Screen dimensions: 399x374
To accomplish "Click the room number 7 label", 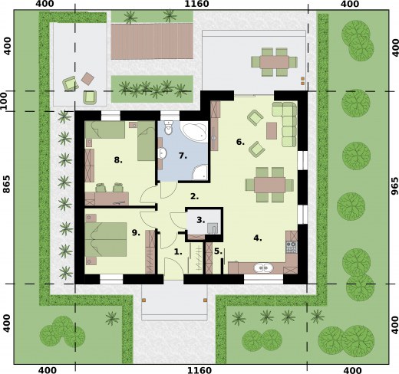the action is tap(183, 156).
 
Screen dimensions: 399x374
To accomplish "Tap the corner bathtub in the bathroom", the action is tap(194, 131).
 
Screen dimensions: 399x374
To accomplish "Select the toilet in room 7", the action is tap(169, 128).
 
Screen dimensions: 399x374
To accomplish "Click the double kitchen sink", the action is tap(263, 268).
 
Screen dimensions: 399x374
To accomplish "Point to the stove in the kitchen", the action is tap(292, 247).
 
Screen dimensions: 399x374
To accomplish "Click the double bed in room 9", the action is tap(106, 239).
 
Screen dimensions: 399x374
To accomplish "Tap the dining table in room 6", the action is tap(269, 185).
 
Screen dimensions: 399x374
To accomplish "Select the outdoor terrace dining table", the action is tap(275, 62).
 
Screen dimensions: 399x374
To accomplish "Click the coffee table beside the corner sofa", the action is tap(272, 130).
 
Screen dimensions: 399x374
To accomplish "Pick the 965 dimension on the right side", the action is tap(395, 186).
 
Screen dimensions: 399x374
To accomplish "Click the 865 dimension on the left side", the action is tap(7, 184).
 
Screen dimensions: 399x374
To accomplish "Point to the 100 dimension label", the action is tap(3, 101).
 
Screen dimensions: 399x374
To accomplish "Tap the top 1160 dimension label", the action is tap(196, 4).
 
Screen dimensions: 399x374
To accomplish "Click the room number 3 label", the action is tap(201, 220).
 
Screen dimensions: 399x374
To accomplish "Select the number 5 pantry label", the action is tap(218, 251).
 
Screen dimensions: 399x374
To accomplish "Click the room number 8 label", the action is tap(118, 160).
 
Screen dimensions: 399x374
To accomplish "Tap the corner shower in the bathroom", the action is tap(200, 172).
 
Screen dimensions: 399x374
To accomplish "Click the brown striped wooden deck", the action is tap(152, 41).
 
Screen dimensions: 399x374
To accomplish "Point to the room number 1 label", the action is tap(178, 252).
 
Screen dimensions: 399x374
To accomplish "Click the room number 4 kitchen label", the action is tap(258, 238).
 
